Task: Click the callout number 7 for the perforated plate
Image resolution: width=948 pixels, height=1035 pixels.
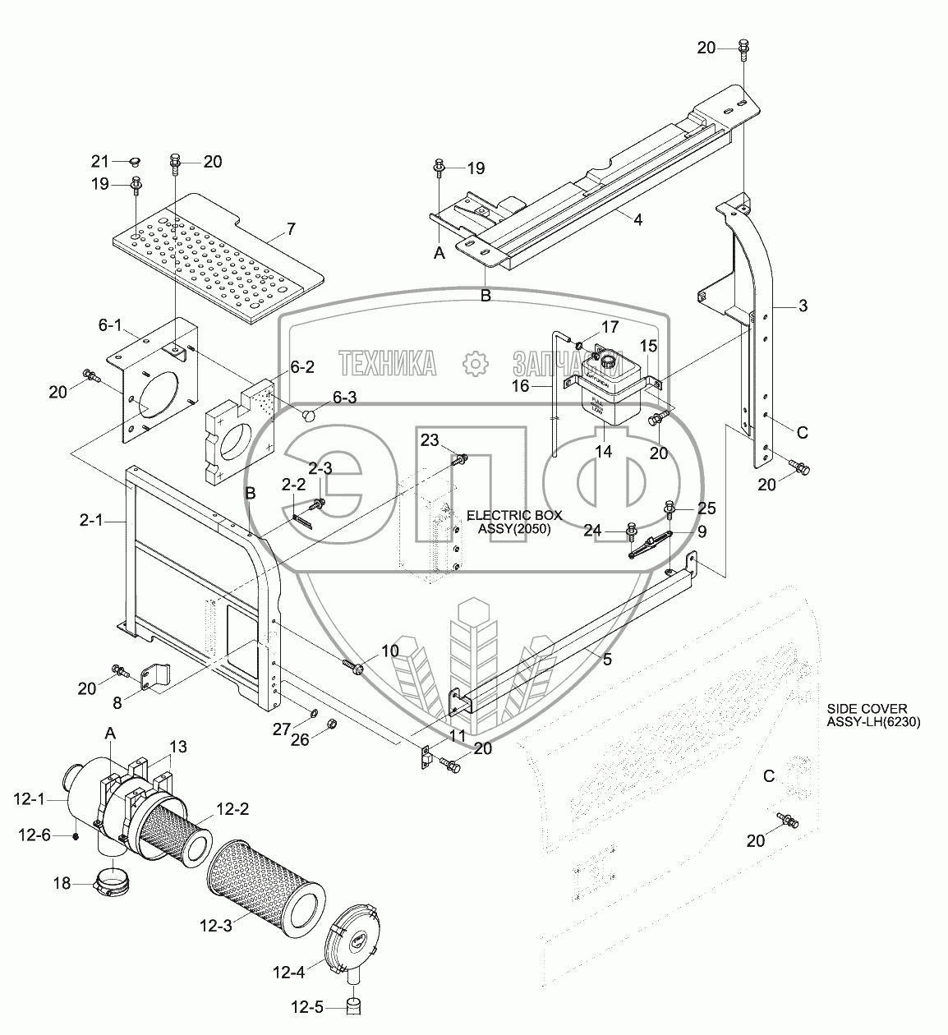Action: coord(292,228)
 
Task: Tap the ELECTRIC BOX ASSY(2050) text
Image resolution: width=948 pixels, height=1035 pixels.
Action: coord(514,522)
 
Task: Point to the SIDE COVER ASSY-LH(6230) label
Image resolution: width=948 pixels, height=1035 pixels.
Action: coord(874,715)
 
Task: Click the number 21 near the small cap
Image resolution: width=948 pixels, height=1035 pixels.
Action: coord(99,160)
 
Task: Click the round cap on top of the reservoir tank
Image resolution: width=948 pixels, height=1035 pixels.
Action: coord(609,360)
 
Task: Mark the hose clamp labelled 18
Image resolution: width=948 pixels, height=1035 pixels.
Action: coord(116,885)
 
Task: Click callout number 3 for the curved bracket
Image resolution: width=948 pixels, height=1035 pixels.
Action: coord(803,306)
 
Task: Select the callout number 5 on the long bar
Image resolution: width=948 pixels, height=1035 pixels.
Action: coord(607,659)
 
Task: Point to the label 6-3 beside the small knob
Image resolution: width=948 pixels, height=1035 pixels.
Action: coord(346,398)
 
